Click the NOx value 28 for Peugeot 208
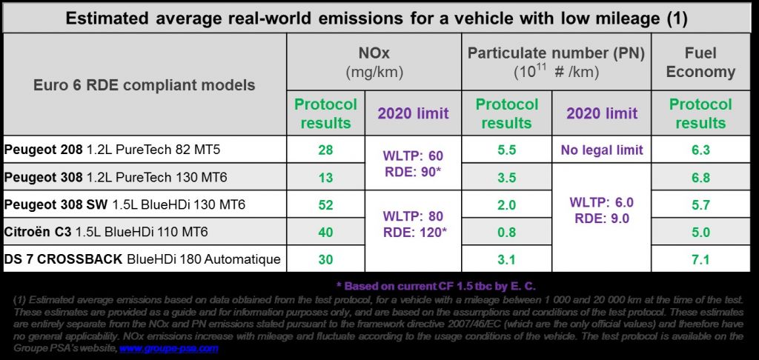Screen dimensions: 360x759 point(325,150)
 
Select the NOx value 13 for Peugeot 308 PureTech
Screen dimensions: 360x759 point(325,178)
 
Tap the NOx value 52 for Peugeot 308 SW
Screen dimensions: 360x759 point(325,205)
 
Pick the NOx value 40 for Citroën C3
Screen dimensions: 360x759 point(325,232)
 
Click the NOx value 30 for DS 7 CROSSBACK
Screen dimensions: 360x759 point(325,259)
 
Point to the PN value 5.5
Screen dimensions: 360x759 point(506,150)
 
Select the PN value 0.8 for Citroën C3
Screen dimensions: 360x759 point(506,232)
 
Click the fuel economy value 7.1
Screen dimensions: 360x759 point(700,259)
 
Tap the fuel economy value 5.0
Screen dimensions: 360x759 point(700,232)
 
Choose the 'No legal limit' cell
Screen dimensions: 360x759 point(602,150)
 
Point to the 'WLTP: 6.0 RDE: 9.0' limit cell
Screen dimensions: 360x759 point(602,210)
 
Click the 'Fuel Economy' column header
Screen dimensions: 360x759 point(700,63)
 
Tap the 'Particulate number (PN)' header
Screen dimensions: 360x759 point(556,53)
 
